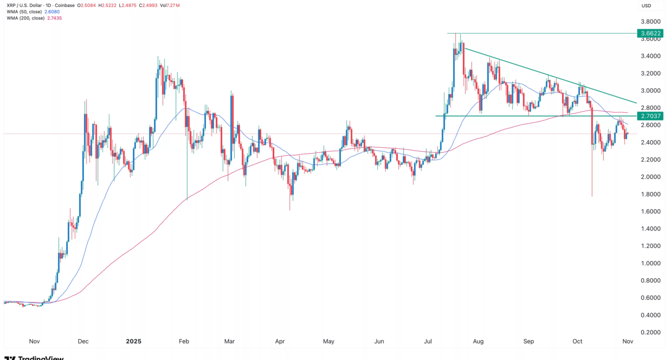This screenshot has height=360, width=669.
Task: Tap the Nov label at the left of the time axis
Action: coord(34,341)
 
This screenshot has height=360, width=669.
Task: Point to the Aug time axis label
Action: coord(479,341)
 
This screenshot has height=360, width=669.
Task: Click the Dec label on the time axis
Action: coord(83,341)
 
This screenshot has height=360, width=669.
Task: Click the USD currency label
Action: coord(646,6)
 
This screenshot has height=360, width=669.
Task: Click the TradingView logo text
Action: coord(36,357)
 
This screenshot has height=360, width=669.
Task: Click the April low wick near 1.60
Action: coord(290,206)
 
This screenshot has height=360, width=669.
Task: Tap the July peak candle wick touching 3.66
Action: coord(461,36)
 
